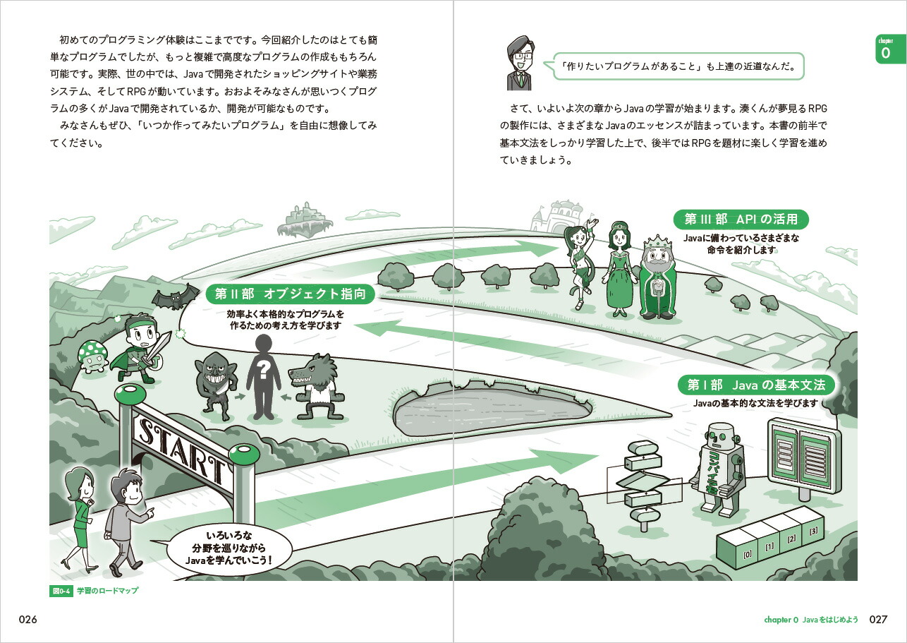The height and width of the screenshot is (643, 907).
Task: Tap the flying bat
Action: (x=175, y=297)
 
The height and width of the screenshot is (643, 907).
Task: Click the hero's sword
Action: (x=160, y=347)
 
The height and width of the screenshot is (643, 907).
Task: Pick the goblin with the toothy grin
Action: (x=214, y=385)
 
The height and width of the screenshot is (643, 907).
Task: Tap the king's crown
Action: (x=657, y=242)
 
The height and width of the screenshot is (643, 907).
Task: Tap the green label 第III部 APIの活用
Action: (x=741, y=220)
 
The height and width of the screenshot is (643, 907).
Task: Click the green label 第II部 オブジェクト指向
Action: (x=290, y=294)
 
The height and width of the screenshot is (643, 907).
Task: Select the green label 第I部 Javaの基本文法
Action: (x=756, y=385)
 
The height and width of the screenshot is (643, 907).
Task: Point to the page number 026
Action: (x=28, y=619)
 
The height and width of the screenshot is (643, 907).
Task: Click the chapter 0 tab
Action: (x=890, y=49)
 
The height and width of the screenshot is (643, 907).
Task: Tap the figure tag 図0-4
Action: (x=61, y=591)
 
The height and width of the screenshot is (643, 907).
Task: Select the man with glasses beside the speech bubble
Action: (x=520, y=62)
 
